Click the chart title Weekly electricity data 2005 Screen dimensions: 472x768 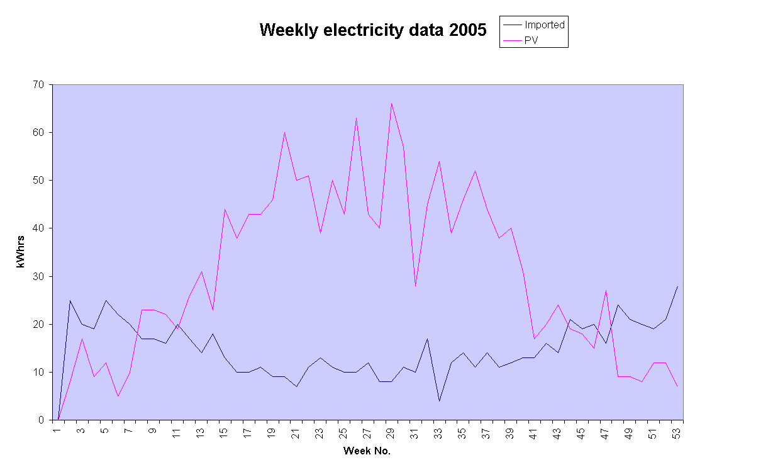373,30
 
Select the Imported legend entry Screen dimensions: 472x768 545,25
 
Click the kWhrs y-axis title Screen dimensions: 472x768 21,252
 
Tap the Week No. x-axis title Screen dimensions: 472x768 367,451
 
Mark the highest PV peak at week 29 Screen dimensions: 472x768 391,103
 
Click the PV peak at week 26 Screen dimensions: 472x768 356,118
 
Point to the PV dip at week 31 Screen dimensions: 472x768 415,286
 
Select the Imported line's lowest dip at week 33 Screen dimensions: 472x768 439,401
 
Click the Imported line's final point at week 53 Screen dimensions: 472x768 677,286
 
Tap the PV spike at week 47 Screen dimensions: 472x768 606,291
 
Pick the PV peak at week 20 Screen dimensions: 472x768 284,132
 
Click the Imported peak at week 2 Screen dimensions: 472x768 70,300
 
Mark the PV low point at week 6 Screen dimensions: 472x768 118,396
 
